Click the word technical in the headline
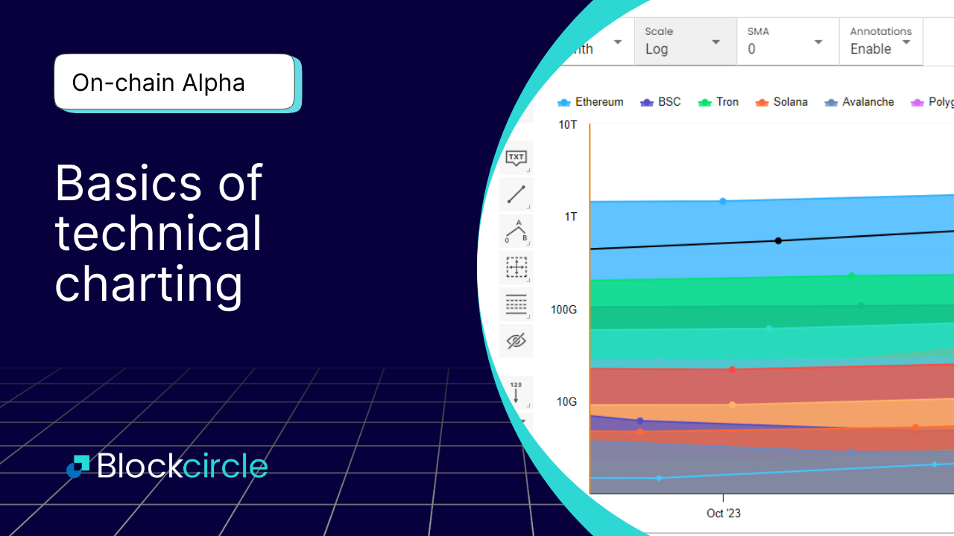click(159, 233)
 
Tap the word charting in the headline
click(149, 284)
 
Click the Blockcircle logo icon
click(78, 466)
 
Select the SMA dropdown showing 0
click(786, 42)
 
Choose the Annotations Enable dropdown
click(881, 42)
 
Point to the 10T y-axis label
click(568, 124)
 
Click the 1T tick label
click(570, 217)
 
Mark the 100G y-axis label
click(564, 309)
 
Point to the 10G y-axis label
click(567, 402)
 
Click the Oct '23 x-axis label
click(724, 513)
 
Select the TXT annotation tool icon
click(516, 158)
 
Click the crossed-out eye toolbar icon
click(516, 341)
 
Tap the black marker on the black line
click(778, 240)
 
